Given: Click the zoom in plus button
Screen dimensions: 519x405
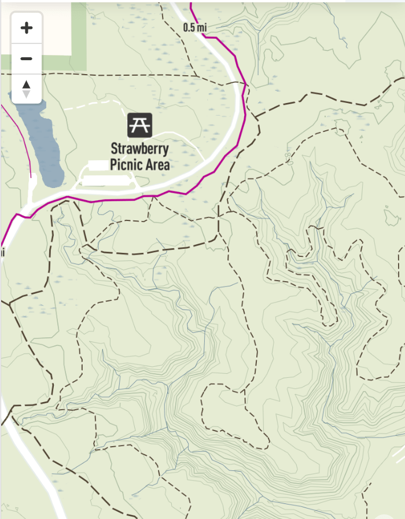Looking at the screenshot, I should [x=26, y=28].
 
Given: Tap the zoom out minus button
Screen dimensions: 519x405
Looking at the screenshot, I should [x=26, y=59].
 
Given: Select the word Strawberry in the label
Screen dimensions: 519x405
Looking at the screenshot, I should [x=140, y=149].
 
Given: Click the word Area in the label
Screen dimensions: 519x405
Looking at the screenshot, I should [x=157, y=165].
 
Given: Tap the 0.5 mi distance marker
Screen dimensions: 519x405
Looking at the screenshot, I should [x=194, y=27].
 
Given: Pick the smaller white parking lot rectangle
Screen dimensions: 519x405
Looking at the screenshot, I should [x=98, y=165].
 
